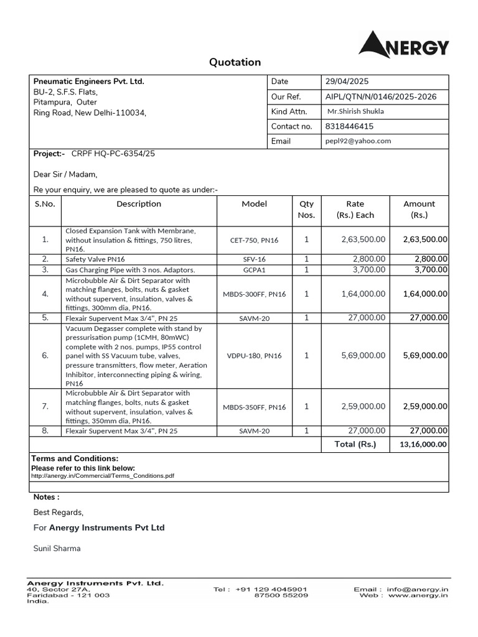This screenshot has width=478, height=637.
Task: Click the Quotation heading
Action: [235, 62]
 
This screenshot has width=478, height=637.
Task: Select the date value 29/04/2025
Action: [347, 81]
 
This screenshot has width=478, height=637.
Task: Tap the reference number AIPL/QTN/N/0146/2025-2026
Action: [380, 96]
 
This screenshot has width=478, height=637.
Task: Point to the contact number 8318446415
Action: [349, 126]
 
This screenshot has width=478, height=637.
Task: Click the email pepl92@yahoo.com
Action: [358, 141]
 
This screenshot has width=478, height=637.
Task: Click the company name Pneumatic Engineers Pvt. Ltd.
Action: [88, 81]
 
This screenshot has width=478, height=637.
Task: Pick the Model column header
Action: [254, 204]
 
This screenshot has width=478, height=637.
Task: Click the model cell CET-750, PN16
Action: [254, 239]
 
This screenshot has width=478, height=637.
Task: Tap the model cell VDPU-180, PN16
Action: [254, 356]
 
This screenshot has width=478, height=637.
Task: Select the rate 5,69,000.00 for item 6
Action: [363, 356]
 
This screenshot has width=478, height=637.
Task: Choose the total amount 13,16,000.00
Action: [423, 444]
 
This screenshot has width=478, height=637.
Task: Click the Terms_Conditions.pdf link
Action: [103, 475]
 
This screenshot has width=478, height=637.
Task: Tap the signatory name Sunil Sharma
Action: [57, 548]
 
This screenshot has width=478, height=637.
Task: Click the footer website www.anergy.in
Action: [418, 595]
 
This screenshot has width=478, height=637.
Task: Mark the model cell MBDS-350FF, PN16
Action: [254, 407]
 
